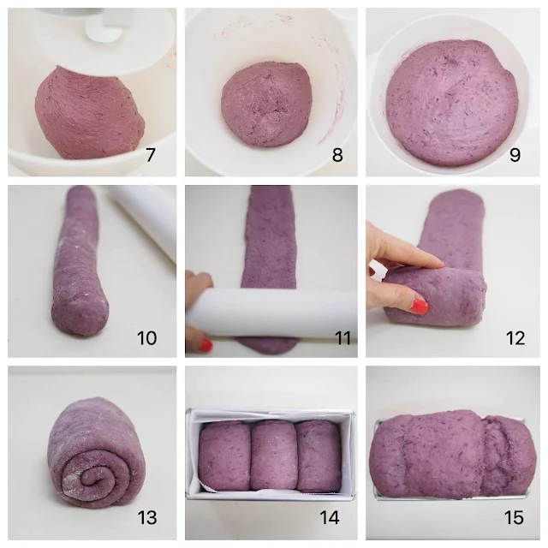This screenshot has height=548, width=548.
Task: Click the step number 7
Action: coord(151,155)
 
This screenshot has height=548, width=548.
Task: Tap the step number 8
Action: coord(337,155)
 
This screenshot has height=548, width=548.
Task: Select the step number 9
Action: coord(515,155)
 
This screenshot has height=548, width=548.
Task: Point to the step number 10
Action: coord(146,338)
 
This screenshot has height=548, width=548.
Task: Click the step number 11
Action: coord(342,338)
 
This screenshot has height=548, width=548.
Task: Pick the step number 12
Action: coord(515,338)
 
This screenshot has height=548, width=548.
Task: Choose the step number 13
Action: coord(147,517)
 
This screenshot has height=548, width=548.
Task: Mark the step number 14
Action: coord(330,517)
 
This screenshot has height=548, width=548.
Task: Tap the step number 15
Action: coord(514,517)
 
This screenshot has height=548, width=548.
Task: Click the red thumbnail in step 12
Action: coord(420,307)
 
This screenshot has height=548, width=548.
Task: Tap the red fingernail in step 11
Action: coord(205,345)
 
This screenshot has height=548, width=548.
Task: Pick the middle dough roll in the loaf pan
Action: coord(273,456)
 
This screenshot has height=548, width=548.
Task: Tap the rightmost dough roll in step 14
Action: coord(319,456)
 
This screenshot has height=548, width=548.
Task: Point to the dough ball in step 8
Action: coord(266,104)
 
